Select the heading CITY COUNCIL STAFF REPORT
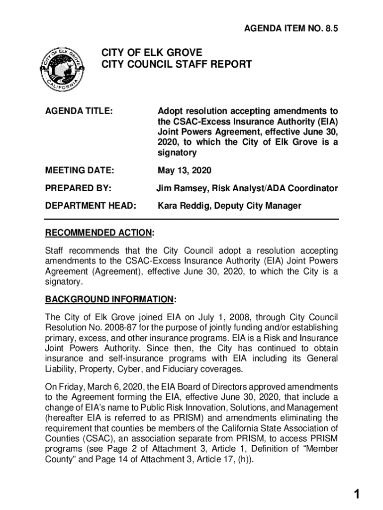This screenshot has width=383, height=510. tap(177, 64)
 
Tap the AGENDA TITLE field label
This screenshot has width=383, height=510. tap(78, 111)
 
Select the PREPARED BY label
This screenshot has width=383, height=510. tap(78, 188)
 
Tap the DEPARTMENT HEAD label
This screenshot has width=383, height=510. tap(91, 206)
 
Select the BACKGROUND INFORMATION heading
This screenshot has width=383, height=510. tap(110, 299)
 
